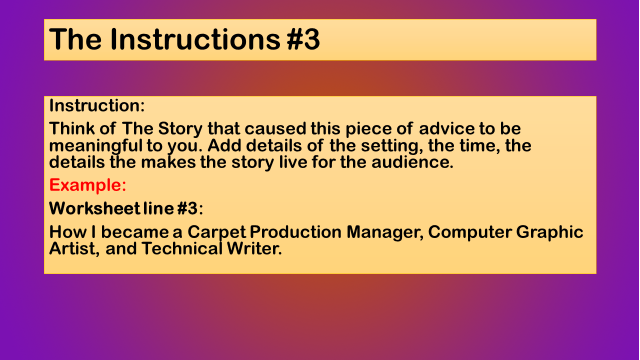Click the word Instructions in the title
pyautogui.click(x=195, y=39)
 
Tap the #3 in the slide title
pyautogui.click(x=303, y=39)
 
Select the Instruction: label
pyautogui.click(x=97, y=105)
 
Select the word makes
pyautogui.click(x=168, y=162)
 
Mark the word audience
pyautogui.click(x=412, y=162)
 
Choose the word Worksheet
pyautogui.click(x=95, y=208)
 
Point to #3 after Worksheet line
pyautogui.click(x=187, y=208)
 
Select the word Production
pyautogui.click(x=295, y=231)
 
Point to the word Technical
pyautogui.click(x=181, y=248)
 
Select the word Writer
pyautogui.click(x=254, y=248)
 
